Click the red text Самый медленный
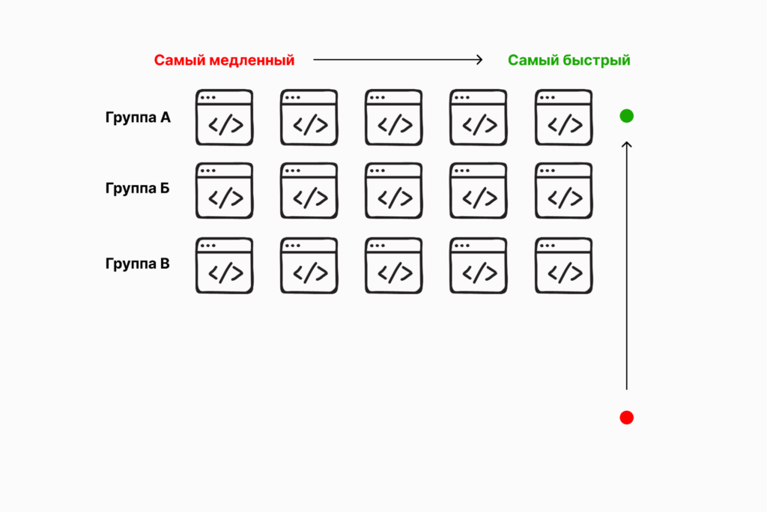(224, 61)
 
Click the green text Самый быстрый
(569, 61)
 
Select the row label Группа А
(138, 118)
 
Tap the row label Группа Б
(138, 188)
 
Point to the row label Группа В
(138, 263)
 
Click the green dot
(627, 116)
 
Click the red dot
(627, 418)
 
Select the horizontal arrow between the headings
(398, 60)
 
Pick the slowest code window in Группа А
(224, 118)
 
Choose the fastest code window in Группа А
(563, 118)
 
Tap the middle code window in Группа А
(394, 118)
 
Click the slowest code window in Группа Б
(224, 191)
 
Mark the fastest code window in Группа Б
(563, 191)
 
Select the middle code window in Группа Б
(394, 191)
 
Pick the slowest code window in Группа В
(224, 266)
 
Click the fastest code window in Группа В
(563, 266)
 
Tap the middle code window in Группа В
(394, 266)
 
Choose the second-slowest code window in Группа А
(309, 118)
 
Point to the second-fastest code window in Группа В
(479, 266)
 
